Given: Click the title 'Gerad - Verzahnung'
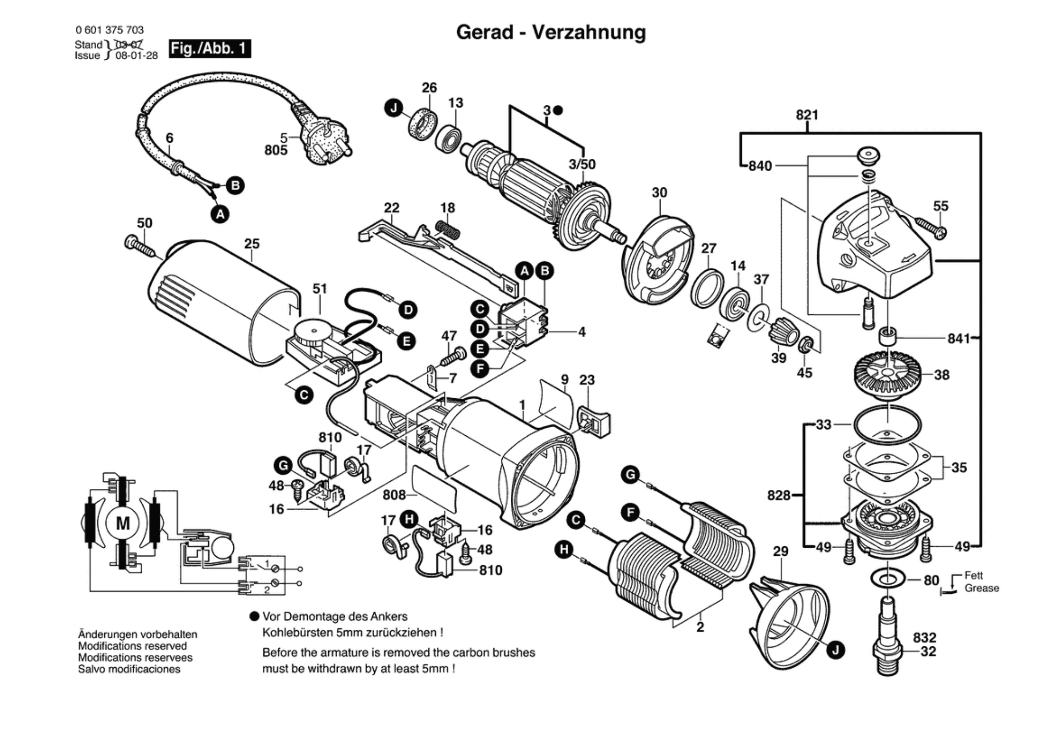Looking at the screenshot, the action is point(551,32).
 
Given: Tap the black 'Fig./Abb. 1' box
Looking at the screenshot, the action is point(210,49).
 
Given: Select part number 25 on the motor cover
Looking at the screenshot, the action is point(252,243).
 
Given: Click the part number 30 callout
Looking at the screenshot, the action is point(659,192).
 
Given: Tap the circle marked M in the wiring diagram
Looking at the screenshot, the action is point(123,523).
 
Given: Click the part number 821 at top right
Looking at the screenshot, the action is point(807,115).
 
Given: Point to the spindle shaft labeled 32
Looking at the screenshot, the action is point(888,636).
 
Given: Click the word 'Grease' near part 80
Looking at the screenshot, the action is point(982,588).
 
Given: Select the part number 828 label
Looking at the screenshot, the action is point(779,495).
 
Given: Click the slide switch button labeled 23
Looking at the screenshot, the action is point(593,420).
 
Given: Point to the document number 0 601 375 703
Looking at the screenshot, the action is point(109,30).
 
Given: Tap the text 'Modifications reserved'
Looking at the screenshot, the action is point(132,646).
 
